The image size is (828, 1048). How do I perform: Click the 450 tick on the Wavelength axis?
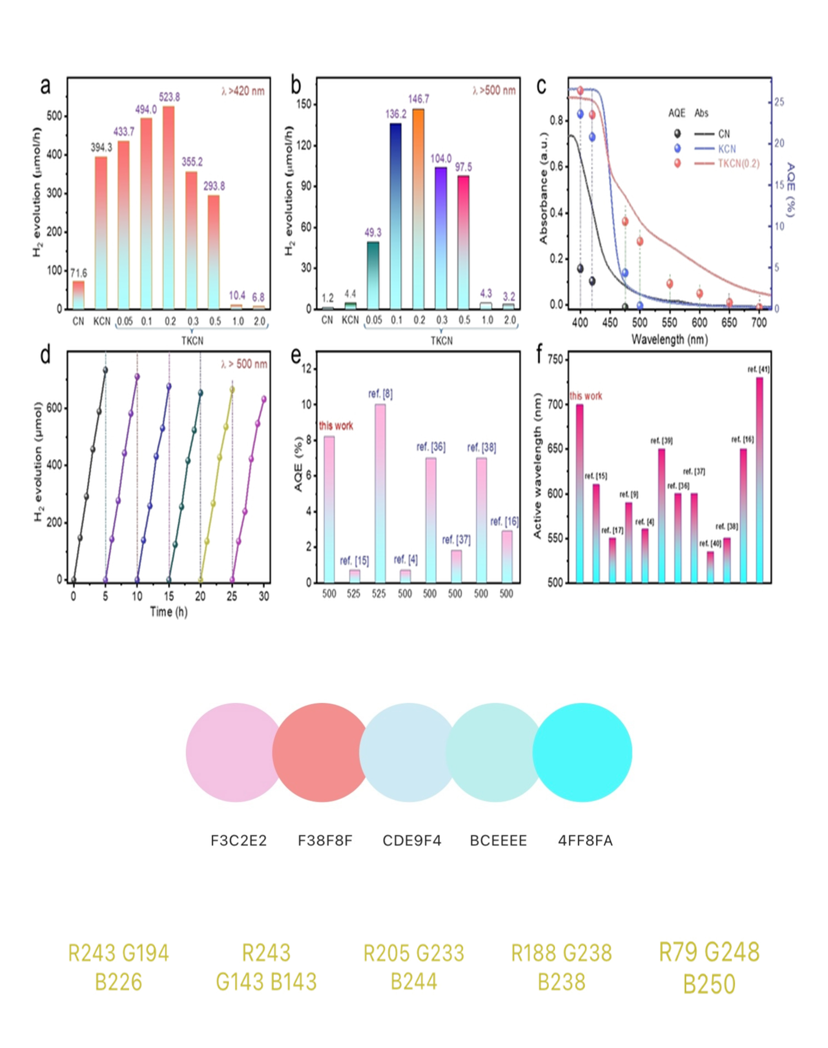click(x=610, y=323)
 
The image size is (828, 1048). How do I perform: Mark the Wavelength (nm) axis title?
click(x=670, y=339)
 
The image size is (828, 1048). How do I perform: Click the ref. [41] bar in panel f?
click(x=759, y=480)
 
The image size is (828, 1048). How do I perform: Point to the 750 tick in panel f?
click(x=556, y=359)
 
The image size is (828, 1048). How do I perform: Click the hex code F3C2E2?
click(x=238, y=840)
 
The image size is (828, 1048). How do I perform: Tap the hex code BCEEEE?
click(x=498, y=840)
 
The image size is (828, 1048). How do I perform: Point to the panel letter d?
click(x=45, y=355)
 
